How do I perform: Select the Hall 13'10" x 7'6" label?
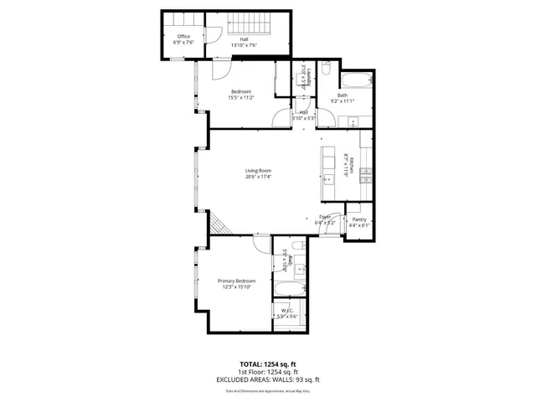[243, 42]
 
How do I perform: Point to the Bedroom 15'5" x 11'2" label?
[242, 94]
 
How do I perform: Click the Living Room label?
[258, 173]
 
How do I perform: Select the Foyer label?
[325, 220]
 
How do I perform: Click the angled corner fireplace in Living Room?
[217, 224]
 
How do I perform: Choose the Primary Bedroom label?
[237, 283]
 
